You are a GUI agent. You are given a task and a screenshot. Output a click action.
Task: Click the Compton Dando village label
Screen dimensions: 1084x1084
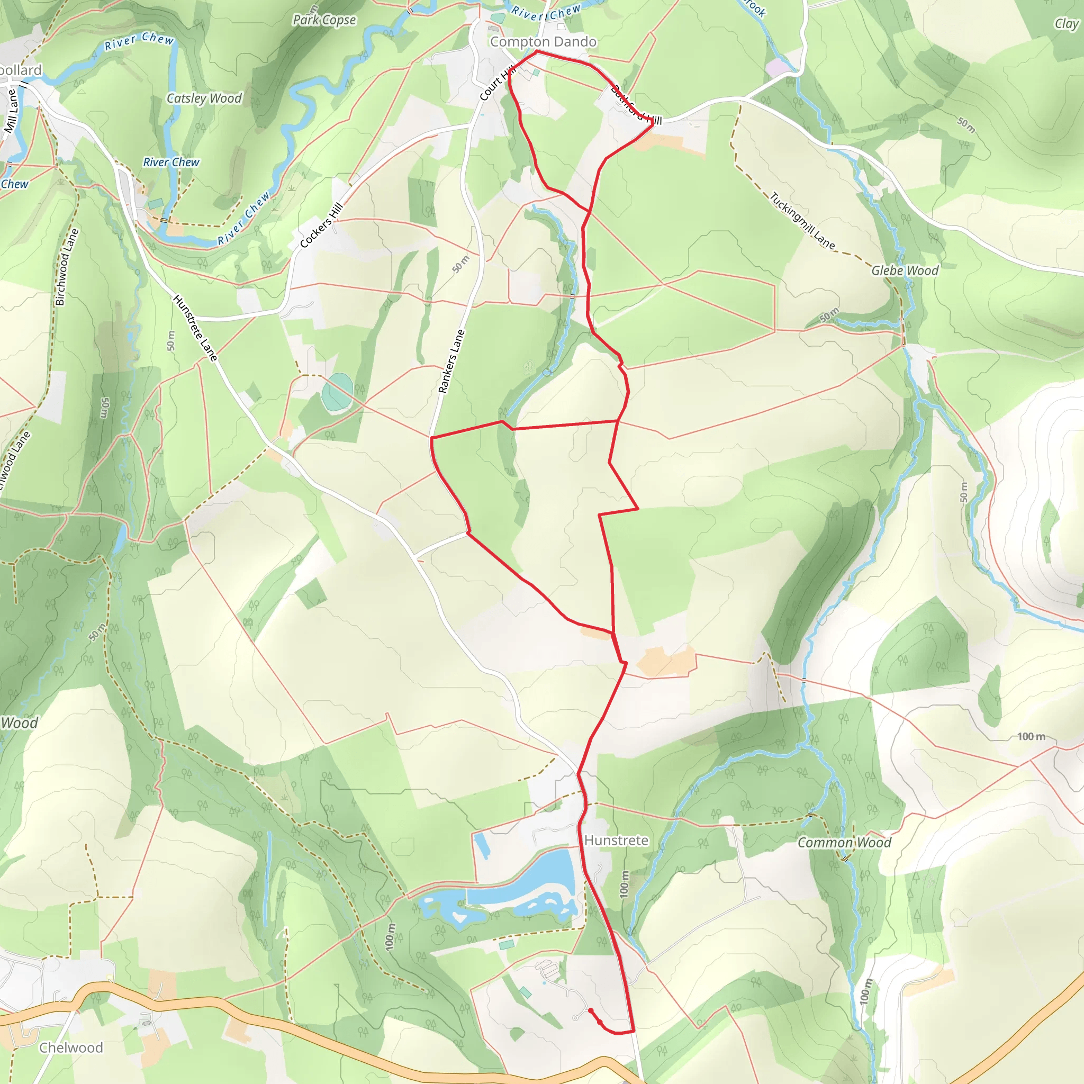coord(543,42)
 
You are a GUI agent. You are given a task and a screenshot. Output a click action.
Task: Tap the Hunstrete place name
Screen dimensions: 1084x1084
coord(616,840)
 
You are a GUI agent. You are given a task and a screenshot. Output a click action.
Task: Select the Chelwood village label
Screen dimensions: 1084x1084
coord(71,1047)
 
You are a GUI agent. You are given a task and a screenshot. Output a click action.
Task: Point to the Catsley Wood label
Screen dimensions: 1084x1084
coord(204,99)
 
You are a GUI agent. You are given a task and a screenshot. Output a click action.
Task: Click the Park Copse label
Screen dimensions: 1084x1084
coord(324,20)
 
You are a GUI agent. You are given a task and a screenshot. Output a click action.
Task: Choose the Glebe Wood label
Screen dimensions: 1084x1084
coord(905,270)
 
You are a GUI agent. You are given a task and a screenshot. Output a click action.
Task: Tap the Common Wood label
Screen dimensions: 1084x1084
coord(844,843)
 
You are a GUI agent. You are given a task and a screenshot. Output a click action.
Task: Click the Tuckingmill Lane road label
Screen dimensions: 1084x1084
coord(802,221)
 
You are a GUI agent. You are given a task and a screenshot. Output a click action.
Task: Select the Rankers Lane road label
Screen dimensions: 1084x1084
coord(451,362)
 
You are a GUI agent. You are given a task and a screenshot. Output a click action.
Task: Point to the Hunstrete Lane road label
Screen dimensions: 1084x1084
coord(195,328)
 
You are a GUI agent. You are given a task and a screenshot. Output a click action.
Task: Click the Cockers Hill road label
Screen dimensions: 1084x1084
coord(321,225)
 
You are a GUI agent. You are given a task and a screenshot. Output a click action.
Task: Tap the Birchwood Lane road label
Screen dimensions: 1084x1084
coord(66,267)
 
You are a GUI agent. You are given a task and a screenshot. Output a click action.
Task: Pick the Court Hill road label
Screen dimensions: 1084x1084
coord(497,84)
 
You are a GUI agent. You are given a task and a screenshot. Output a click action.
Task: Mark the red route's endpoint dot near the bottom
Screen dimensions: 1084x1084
coord(590,1010)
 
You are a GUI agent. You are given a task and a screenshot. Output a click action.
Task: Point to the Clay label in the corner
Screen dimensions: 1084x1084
coord(1065,24)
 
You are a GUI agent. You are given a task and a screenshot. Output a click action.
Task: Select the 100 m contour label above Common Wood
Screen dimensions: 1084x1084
coord(1031,736)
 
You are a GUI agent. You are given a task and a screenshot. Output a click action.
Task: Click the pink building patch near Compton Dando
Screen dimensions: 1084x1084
coord(777,68)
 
